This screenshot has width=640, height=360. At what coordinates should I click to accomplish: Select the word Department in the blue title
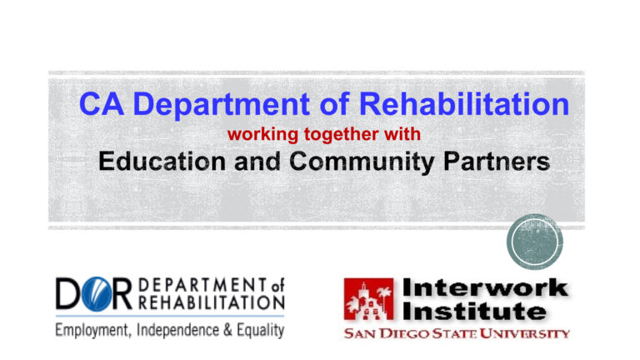click(x=230, y=106)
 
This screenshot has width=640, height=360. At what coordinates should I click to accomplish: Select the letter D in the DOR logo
click(x=67, y=297)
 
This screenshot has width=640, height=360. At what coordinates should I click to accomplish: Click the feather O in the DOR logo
click(x=94, y=297)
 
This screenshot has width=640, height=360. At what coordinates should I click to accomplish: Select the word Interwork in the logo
click(x=486, y=289)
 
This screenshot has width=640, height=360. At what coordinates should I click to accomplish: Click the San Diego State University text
click(x=457, y=333)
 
